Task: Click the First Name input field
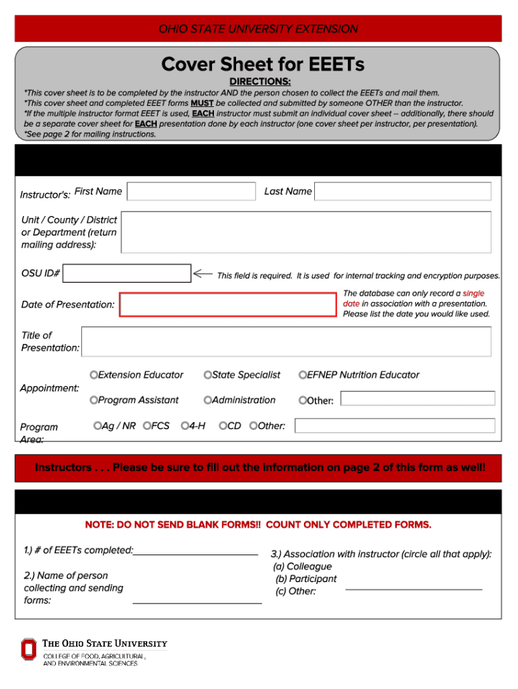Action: pyautogui.click(x=192, y=192)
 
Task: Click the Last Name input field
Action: pyautogui.click(x=403, y=192)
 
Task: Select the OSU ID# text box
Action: pyautogui.click(x=127, y=273)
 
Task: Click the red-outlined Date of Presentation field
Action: pyautogui.click(x=228, y=305)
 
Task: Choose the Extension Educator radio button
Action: pyautogui.click(x=94, y=375)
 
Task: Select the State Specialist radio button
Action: pyautogui.click(x=208, y=375)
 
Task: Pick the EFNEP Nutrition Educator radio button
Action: pyautogui.click(x=303, y=375)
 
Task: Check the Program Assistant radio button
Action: pyautogui.click(x=94, y=400)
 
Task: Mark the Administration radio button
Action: pyautogui.click(x=208, y=400)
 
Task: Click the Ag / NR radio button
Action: pyautogui.click(x=98, y=426)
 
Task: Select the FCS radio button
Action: pyautogui.click(x=147, y=426)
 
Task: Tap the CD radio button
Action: pyautogui.click(x=223, y=426)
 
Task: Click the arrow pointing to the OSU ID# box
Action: pyautogui.click(x=202, y=274)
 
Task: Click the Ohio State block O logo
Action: pyautogui.click(x=28, y=650)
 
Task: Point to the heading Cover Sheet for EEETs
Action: pyautogui.click(x=262, y=65)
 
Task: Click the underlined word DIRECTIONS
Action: pyautogui.click(x=262, y=81)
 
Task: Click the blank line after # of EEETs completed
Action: pyautogui.click(x=196, y=552)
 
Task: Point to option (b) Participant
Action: pyautogui.click(x=306, y=579)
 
